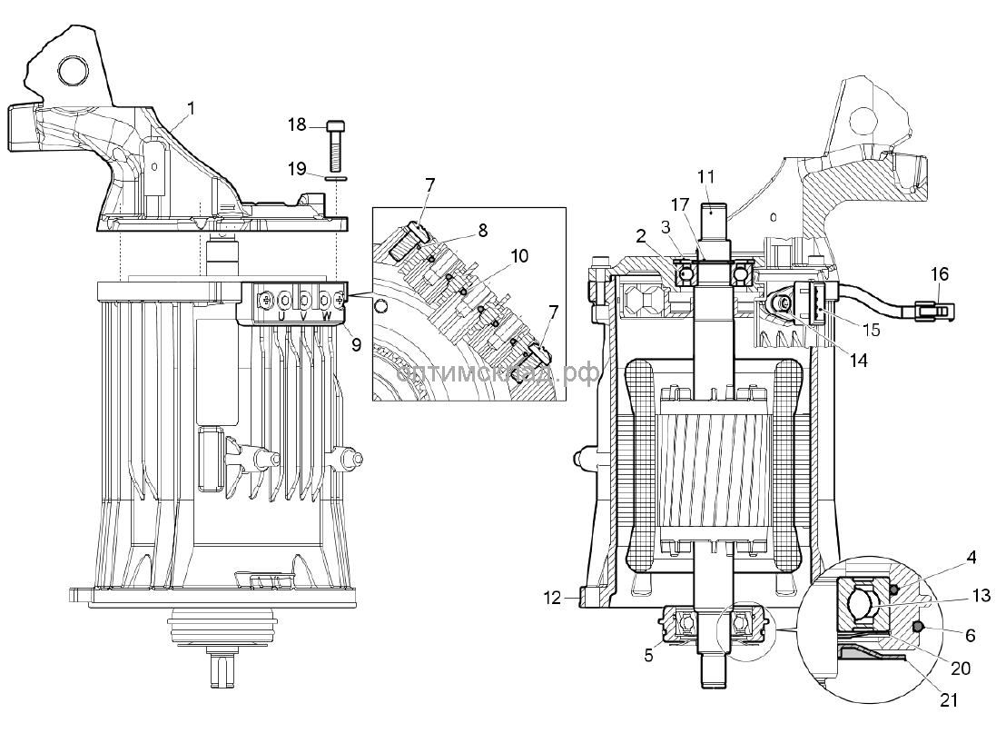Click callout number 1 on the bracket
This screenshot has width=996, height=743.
pyautogui.click(x=191, y=108)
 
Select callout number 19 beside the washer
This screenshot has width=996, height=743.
pyautogui.click(x=297, y=168)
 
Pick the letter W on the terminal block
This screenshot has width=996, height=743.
pyautogui.click(x=325, y=316)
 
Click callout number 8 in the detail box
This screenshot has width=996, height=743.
pyautogui.click(x=482, y=231)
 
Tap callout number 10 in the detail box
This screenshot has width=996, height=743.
pyautogui.click(x=518, y=257)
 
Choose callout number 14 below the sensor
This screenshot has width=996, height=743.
pyautogui.click(x=858, y=360)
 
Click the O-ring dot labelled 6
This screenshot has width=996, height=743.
pyautogui.click(x=917, y=627)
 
